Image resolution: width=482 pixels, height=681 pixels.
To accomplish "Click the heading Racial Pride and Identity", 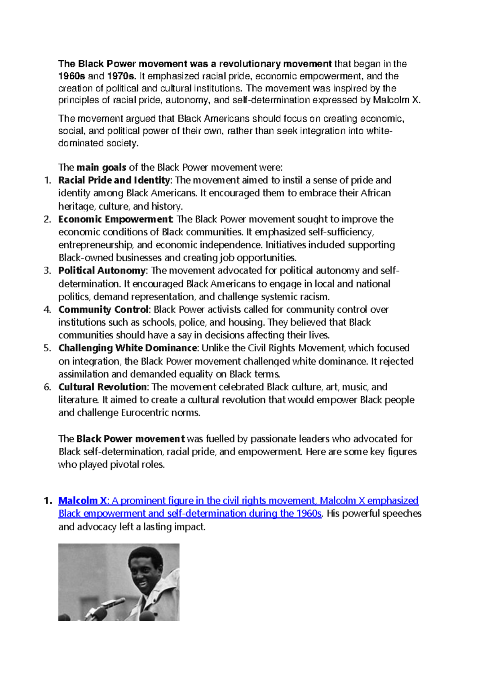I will click(114, 180).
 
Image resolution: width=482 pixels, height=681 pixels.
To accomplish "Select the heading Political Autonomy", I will click(102, 271).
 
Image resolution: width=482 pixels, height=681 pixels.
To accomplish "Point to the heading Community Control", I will click(103, 310).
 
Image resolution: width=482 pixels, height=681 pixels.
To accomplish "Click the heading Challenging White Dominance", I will click(128, 348).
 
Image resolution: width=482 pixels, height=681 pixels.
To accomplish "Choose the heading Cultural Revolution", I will click(102, 387).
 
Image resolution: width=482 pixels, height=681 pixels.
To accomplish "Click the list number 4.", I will click(47, 310).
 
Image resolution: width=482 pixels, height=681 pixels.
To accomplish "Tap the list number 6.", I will click(47, 387).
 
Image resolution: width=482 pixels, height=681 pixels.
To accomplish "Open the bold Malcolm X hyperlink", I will click(83, 501).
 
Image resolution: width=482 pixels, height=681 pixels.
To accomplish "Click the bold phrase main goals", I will click(101, 167).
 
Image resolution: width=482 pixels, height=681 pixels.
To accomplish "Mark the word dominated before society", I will click(81, 143).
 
